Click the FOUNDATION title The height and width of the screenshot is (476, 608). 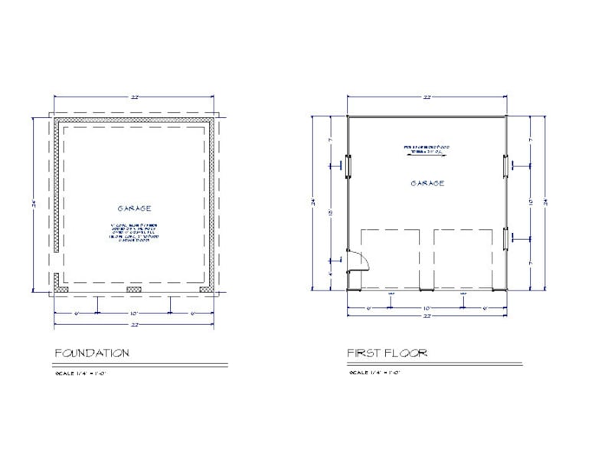pos(92,353)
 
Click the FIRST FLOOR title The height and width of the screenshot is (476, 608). pos(387,353)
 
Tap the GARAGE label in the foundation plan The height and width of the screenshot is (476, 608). pos(134,208)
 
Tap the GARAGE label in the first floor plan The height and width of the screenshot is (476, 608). pos(427,183)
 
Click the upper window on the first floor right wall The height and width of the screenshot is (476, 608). pos(505,164)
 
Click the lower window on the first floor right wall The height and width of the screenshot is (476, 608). pos(505,238)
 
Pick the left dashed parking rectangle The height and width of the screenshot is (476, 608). pos(390,258)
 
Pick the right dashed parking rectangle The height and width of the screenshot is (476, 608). pos(464,258)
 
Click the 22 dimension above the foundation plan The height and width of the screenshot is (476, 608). pos(134,97)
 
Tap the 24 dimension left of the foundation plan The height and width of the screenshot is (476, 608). pos(34,203)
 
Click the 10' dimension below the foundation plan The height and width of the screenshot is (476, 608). pos(134,312)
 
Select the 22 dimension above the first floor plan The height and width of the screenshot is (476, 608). pos(427,97)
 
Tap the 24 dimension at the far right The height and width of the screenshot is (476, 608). pos(546,202)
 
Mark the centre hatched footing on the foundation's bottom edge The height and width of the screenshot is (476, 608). pos(134,290)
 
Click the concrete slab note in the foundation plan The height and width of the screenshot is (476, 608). pos(134,232)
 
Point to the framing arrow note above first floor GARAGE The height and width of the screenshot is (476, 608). pos(427,149)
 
